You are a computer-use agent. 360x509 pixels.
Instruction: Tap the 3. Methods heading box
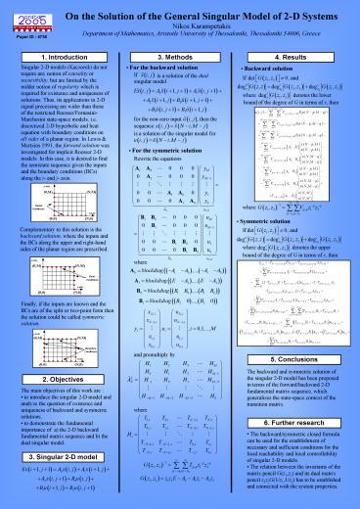(x=180, y=59)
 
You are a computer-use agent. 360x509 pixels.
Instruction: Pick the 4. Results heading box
(x=305, y=59)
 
